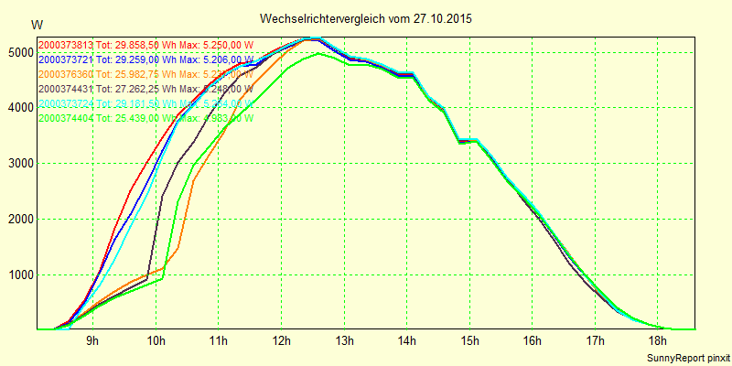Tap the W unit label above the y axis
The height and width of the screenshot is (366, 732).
coord(36,25)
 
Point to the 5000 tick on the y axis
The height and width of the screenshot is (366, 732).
coord(17,53)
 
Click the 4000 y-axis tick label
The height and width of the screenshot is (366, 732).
coord(17,108)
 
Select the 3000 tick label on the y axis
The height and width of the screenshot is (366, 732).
coord(17,164)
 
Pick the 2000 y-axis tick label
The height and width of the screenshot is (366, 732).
coord(17,220)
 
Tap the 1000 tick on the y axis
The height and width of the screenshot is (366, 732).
coord(17,275)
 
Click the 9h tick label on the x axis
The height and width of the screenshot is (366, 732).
coord(92,341)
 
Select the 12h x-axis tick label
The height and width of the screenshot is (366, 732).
coord(281,341)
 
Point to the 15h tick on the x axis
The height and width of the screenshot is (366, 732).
coord(469,341)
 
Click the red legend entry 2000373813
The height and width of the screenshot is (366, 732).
coord(65,45)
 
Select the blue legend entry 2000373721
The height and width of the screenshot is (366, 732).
coord(65,59)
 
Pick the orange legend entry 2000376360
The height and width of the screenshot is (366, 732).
coord(65,74)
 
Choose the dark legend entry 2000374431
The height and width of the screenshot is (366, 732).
coord(65,89)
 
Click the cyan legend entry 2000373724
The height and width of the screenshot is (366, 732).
coord(65,103)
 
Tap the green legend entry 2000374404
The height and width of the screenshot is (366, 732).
coord(65,118)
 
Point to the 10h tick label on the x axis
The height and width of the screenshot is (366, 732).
coord(156,341)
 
